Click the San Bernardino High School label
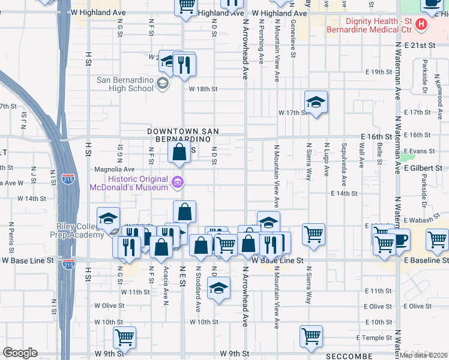(x=125, y=84)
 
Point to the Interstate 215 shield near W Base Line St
(x=68, y=264)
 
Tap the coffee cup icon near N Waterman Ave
(x=399, y=239)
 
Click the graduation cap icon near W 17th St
(x=316, y=102)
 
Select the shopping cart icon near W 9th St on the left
(x=124, y=337)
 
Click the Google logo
(x=20, y=353)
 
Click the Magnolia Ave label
(x=114, y=169)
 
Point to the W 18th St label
(x=202, y=89)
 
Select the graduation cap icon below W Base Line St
(x=219, y=289)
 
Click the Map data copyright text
(x=424, y=355)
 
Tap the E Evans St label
(x=419, y=151)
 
